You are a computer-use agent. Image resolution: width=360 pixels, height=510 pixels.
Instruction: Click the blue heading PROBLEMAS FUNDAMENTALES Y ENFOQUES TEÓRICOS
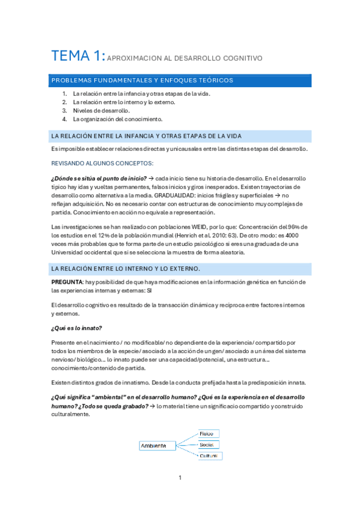(142, 81)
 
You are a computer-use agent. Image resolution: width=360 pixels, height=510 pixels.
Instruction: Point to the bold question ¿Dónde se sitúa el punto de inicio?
(99, 179)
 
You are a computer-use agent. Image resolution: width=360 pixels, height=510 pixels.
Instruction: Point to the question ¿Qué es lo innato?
(76, 327)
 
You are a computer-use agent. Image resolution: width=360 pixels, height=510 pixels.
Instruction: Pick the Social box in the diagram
(207, 445)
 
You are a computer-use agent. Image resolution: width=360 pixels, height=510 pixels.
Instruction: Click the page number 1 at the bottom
(180, 478)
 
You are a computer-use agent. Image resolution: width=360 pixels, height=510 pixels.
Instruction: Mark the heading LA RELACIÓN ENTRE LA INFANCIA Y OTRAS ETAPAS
(150, 137)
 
